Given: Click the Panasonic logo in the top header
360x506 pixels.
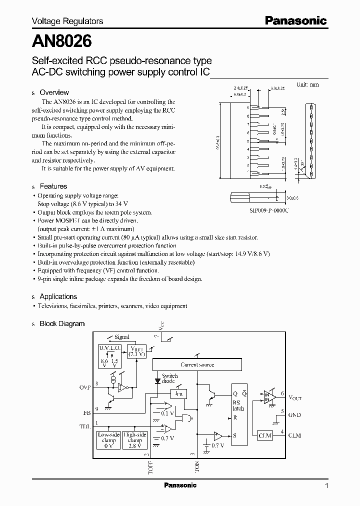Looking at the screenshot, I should (295, 21).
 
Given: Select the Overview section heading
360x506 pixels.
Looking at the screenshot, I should (54, 92).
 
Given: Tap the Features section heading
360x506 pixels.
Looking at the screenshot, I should (53, 186).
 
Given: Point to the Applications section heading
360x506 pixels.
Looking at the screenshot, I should (58, 296).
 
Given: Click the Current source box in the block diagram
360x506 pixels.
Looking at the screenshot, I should (197, 364).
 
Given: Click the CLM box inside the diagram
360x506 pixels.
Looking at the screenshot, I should (264, 435).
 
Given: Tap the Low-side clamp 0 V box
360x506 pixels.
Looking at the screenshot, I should (108, 440).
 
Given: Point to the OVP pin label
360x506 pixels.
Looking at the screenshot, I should (85, 387).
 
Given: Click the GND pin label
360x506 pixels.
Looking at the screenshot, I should (294, 414).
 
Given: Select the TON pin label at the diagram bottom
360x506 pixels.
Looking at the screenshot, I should (197, 467).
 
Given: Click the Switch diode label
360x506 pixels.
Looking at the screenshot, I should (169, 378).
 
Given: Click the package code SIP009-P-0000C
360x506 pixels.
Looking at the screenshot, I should (269, 211).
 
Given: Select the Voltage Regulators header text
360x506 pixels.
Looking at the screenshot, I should (67, 21).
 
